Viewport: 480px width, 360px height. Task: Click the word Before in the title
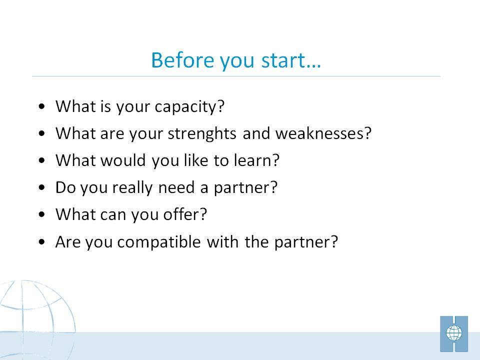[183, 60]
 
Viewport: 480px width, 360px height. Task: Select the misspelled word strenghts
[202, 134]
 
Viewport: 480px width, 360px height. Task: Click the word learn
[256, 160]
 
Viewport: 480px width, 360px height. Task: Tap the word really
[132, 188]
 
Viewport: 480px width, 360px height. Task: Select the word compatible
[159, 242]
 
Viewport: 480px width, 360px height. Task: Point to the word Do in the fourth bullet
[65, 187]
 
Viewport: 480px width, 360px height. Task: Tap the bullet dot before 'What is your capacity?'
[42, 106]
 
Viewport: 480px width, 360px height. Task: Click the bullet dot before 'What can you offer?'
[42, 214]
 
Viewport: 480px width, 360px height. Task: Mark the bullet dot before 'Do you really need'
[42, 187]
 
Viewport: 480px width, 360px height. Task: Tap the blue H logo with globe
[454, 334]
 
